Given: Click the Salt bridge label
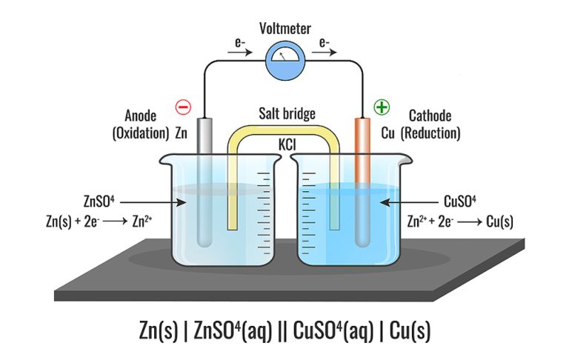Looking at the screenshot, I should [x=287, y=113].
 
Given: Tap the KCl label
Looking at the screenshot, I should [x=287, y=143].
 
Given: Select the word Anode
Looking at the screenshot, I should [x=140, y=116].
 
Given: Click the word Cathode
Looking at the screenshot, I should [x=430, y=116].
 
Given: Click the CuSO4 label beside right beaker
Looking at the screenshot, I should [x=462, y=201].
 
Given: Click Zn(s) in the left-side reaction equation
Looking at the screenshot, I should [x=77, y=221].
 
